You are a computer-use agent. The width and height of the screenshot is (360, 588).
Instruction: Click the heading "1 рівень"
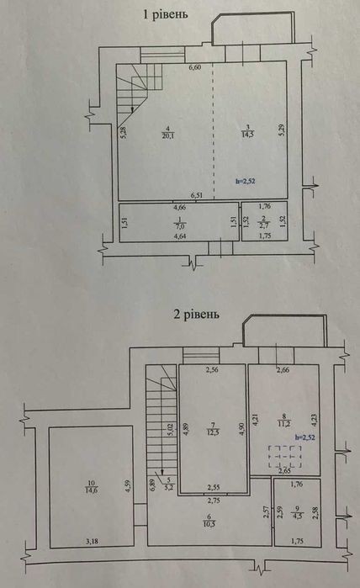(166, 14)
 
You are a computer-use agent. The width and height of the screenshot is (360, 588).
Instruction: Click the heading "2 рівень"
(196, 314)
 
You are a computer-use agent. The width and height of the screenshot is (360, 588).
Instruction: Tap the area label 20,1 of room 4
(168, 136)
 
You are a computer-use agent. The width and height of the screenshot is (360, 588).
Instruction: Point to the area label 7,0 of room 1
(180, 226)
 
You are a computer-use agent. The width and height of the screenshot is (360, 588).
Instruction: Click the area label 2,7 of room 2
(265, 225)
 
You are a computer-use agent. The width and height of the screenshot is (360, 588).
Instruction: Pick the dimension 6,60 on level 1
(195, 68)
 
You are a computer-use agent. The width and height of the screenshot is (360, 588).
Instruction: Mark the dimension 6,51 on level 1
(197, 195)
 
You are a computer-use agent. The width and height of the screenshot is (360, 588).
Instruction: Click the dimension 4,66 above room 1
(179, 207)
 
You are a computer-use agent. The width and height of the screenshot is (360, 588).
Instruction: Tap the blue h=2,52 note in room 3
(246, 181)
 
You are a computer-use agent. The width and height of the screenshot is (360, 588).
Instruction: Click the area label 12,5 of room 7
(213, 432)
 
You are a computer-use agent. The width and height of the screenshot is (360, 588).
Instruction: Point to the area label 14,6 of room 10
(91, 490)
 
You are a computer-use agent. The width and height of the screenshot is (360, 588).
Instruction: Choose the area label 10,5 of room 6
(209, 524)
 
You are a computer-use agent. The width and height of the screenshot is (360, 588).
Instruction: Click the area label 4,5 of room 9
(298, 513)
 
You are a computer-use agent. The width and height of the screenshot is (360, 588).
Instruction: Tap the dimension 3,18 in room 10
(92, 541)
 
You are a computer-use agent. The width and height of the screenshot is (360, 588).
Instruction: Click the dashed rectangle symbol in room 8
(285, 457)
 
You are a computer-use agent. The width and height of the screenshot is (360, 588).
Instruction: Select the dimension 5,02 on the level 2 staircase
(170, 430)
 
